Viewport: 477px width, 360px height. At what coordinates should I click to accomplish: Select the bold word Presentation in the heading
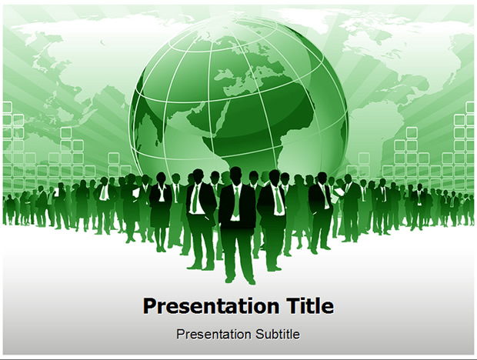(211, 306)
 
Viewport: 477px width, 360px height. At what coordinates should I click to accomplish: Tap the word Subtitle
(278, 334)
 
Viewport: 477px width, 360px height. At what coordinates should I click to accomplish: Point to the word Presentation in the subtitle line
(214, 334)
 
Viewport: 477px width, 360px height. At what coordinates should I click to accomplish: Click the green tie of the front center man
(236, 202)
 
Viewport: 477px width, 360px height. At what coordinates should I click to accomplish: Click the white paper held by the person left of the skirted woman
(135, 192)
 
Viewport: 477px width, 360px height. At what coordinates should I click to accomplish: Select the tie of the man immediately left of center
(195, 199)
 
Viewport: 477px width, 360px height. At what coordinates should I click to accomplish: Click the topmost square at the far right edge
(470, 107)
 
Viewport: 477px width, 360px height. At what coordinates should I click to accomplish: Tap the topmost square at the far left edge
(7, 107)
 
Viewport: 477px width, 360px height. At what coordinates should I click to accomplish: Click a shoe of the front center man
(230, 280)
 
